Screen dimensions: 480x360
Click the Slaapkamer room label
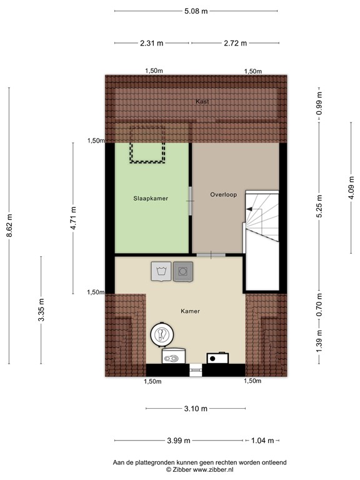click(151, 198)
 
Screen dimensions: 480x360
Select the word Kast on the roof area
click(201, 101)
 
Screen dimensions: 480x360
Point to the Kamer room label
click(191, 311)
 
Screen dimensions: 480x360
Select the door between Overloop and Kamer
click(211, 254)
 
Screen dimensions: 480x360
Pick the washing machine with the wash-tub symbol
click(161, 271)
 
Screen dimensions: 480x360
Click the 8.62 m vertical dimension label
click(9, 226)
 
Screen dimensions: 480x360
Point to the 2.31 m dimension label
click(151, 43)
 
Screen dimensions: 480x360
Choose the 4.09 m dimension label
click(351, 189)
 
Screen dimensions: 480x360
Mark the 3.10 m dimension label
click(196, 409)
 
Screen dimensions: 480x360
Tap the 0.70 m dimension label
click(319, 305)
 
